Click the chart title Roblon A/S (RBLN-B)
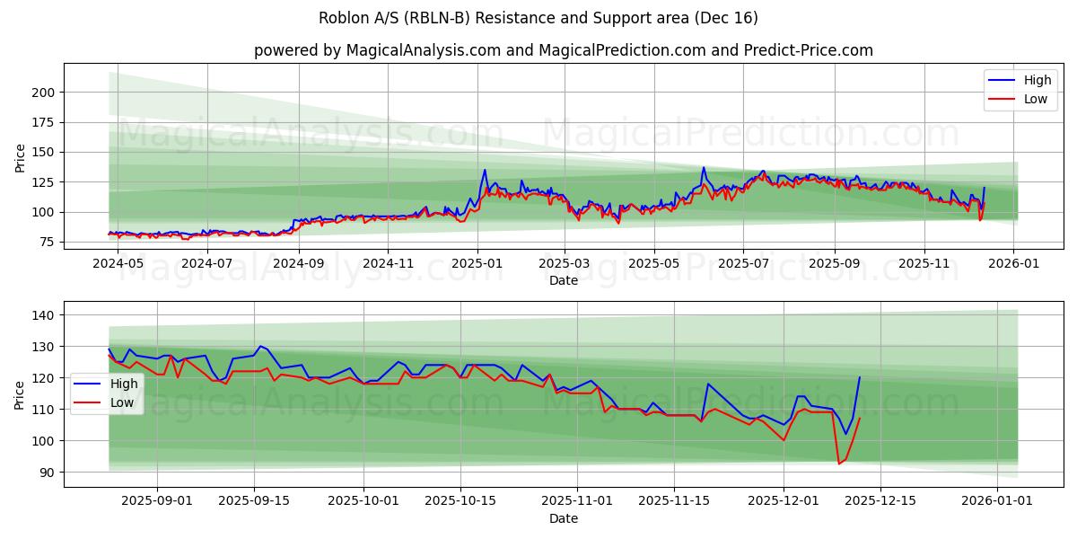pyautogui.click(x=538, y=18)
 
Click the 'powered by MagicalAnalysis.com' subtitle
pyautogui.click(x=563, y=50)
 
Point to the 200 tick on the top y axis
pyautogui.click(x=45, y=93)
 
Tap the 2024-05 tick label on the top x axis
pyautogui.click(x=118, y=264)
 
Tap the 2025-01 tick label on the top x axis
pyautogui.click(x=477, y=264)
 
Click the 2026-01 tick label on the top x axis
pyautogui.click(x=1013, y=264)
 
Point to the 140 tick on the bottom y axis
pyautogui.click(x=45, y=315)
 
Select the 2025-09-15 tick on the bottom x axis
pyautogui.click(x=254, y=501)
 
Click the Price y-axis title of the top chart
pyautogui.click(x=21, y=158)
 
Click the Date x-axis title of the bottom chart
pyautogui.click(x=563, y=518)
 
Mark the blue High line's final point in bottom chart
pyautogui.click(x=859, y=377)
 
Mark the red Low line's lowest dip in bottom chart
pyautogui.click(x=839, y=464)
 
